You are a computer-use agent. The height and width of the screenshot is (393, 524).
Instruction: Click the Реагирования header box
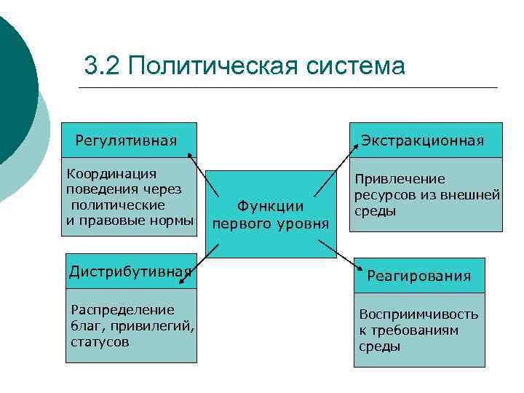click(418, 276)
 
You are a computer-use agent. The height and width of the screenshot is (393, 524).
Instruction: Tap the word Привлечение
click(400, 179)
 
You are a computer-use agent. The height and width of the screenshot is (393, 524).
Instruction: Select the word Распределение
click(112, 309)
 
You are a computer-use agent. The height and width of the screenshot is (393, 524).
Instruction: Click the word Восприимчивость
click(418, 314)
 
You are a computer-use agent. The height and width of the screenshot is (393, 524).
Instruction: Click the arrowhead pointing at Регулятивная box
click(189, 154)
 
